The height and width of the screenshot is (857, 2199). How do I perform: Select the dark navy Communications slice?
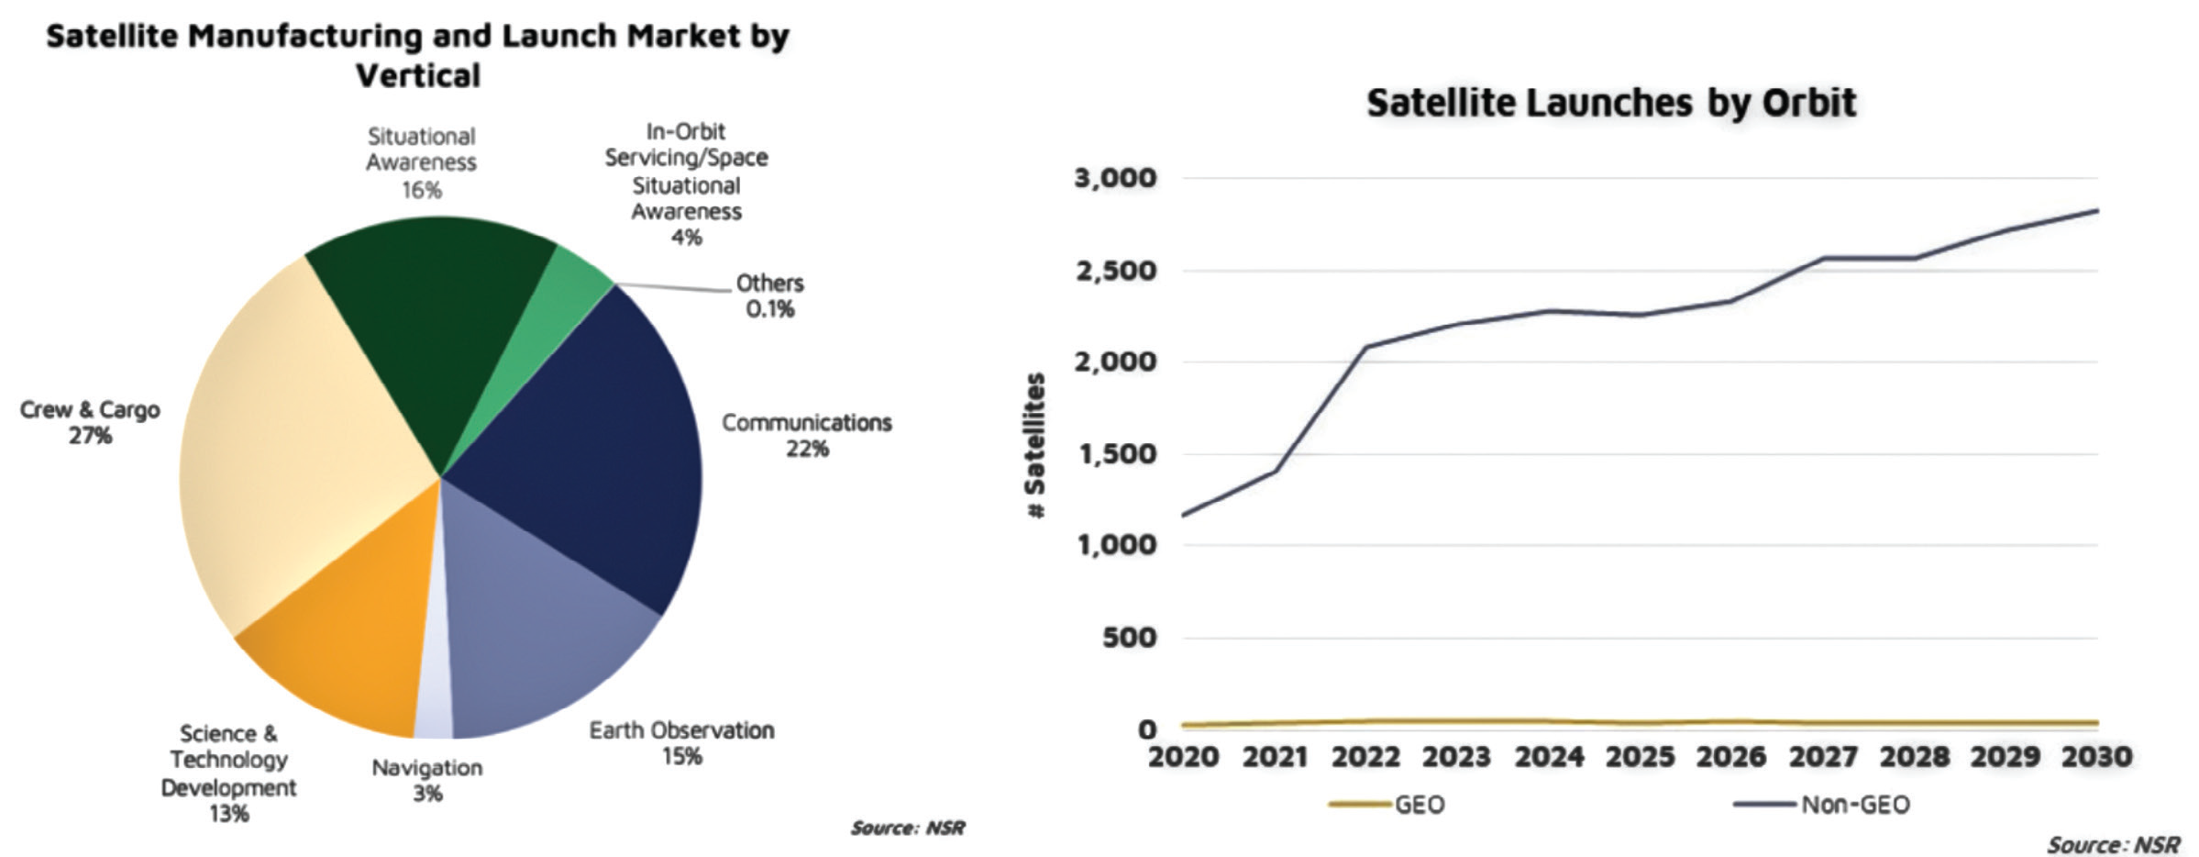pyautogui.click(x=587, y=440)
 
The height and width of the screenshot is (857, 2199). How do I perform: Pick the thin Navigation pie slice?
pyautogui.click(x=435, y=679)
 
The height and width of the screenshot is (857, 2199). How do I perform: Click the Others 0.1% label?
pyautogui.click(x=769, y=295)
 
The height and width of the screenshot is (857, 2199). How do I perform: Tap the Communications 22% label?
pyautogui.click(x=806, y=435)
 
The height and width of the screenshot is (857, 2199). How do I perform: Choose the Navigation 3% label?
pyautogui.click(x=426, y=780)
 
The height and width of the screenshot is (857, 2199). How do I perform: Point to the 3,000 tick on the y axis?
pyautogui.click(x=1115, y=177)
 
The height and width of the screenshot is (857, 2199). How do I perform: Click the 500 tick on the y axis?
pyautogui.click(x=1129, y=637)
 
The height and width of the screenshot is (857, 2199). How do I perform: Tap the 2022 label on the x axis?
pyautogui.click(x=1365, y=757)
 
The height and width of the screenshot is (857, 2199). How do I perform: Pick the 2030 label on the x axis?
pyautogui.click(x=2096, y=757)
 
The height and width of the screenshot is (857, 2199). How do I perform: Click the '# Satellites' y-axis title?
pyautogui.click(x=1035, y=446)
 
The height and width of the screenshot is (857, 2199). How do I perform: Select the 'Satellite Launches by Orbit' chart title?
pyautogui.click(x=1611, y=103)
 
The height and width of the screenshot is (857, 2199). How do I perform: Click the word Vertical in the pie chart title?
pyautogui.click(x=418, y=75)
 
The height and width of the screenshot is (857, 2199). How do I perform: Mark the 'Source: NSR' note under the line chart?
pyautogui.click(x=2114, y=844)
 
